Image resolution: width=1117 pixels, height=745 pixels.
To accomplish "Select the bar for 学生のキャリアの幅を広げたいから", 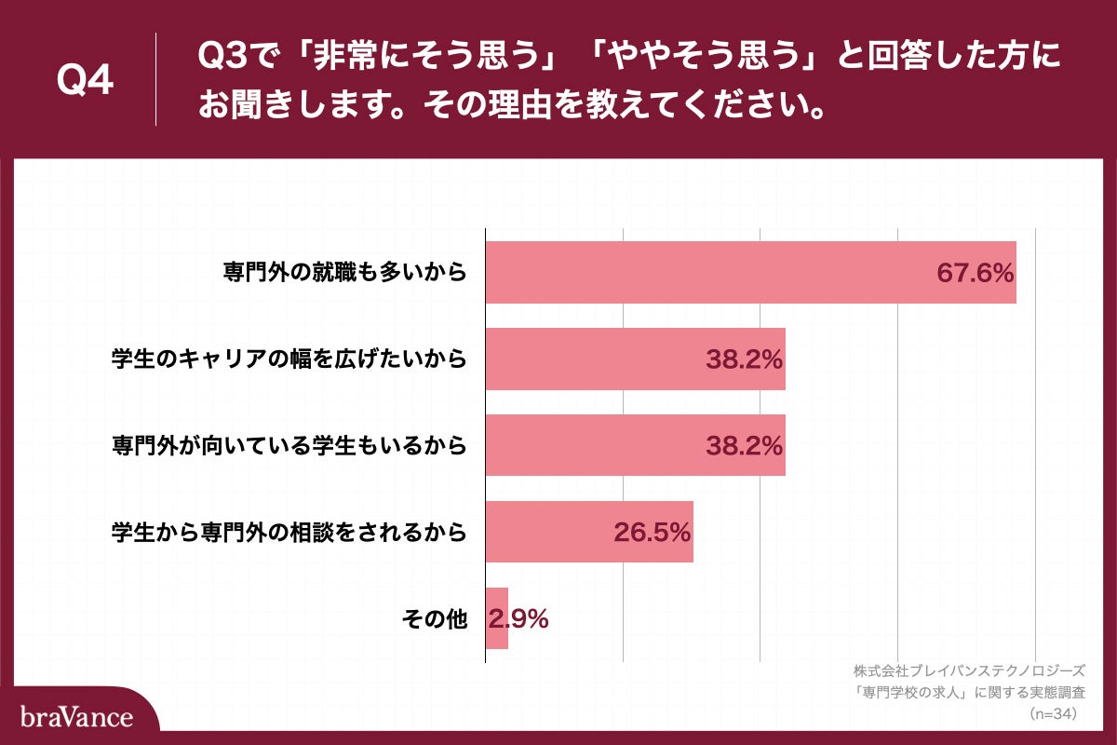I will point(596,359).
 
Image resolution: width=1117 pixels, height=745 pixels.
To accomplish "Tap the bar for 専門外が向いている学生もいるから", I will point(596,445).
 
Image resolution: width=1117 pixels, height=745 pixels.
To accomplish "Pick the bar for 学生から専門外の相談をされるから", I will point(549,532).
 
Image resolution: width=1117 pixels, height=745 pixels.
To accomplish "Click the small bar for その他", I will point(496,618).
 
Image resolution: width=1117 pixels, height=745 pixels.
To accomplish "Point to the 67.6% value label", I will point(974,273).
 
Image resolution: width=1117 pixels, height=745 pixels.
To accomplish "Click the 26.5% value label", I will point(652,532).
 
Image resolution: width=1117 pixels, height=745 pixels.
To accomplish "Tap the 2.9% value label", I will point(519,618).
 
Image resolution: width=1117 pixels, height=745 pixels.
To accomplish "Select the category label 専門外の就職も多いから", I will point(343,273).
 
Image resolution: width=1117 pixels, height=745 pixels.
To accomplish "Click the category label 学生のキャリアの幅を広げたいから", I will point(288,359).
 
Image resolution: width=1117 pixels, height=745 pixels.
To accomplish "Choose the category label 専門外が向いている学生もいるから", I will point(288,446).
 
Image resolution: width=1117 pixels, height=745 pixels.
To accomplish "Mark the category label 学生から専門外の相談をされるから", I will point(288,533).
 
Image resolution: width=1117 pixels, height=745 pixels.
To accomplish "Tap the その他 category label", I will point(433,619).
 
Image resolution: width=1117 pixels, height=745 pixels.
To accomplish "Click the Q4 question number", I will point(85,80).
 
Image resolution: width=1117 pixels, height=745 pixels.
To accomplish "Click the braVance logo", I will point(76,717).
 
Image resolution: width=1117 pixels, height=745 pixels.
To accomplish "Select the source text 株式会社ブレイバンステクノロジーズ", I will point(968,670).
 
